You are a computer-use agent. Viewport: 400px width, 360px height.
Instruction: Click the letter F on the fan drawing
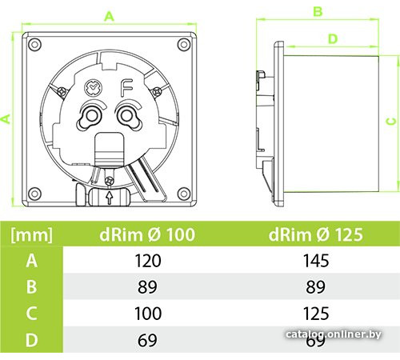point(126,88)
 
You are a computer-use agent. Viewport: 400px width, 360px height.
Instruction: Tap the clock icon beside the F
point(94,88)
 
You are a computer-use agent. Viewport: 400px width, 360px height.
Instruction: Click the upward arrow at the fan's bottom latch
point(109,198)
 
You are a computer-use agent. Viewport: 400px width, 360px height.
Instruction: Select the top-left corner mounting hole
point(34,44)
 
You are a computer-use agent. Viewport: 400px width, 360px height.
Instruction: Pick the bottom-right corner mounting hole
point(184,194)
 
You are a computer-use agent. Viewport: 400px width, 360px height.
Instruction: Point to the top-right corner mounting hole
point(184,44)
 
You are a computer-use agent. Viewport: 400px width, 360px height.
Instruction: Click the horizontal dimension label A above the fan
point(109,17)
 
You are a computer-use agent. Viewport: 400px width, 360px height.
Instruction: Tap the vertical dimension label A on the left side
point(6,118)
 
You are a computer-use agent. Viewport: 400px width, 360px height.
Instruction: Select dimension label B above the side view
point(318,11)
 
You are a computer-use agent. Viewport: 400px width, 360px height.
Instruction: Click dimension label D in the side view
point(333,39)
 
